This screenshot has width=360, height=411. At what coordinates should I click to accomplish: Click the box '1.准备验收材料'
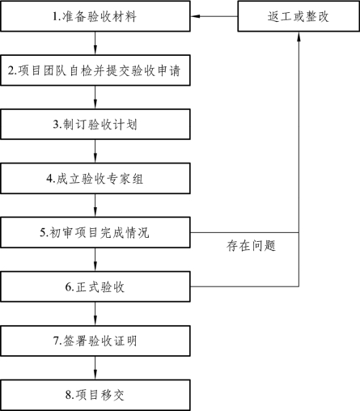point(95,16)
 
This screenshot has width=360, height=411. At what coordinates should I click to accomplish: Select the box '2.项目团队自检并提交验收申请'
point(95,70)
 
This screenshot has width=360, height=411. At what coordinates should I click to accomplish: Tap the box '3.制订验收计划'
point(95,125)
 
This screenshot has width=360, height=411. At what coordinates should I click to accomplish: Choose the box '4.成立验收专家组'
point(95,178)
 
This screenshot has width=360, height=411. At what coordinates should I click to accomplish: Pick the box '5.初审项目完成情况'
point(95,232)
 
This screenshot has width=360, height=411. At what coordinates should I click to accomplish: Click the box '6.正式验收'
point(95,286)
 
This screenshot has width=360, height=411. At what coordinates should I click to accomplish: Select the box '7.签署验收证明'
point(95,341)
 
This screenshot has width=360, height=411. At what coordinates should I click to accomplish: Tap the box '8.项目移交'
point(95,395)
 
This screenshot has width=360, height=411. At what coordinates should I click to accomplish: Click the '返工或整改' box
point(299,16)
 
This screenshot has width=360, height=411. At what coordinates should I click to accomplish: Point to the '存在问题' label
point(251,246)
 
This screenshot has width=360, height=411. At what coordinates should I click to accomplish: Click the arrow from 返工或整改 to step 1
point(214,16)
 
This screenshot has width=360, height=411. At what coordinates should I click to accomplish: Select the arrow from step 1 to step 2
point(95,43)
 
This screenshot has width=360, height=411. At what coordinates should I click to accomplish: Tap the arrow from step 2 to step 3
point(95,97)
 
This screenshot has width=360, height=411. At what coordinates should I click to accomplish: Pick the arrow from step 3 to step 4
point(95,151)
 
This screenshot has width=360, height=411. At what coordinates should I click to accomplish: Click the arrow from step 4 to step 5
point(95,205)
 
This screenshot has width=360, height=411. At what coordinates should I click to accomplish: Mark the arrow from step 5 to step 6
point(95,260)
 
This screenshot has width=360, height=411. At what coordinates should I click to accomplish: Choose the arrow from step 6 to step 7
point(95,314)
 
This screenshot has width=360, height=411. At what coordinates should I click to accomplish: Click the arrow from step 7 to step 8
point(95,368)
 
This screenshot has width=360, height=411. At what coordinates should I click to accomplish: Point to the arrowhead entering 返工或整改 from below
point(299,36)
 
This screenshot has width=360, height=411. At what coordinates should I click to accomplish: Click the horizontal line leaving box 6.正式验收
point(244,286)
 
